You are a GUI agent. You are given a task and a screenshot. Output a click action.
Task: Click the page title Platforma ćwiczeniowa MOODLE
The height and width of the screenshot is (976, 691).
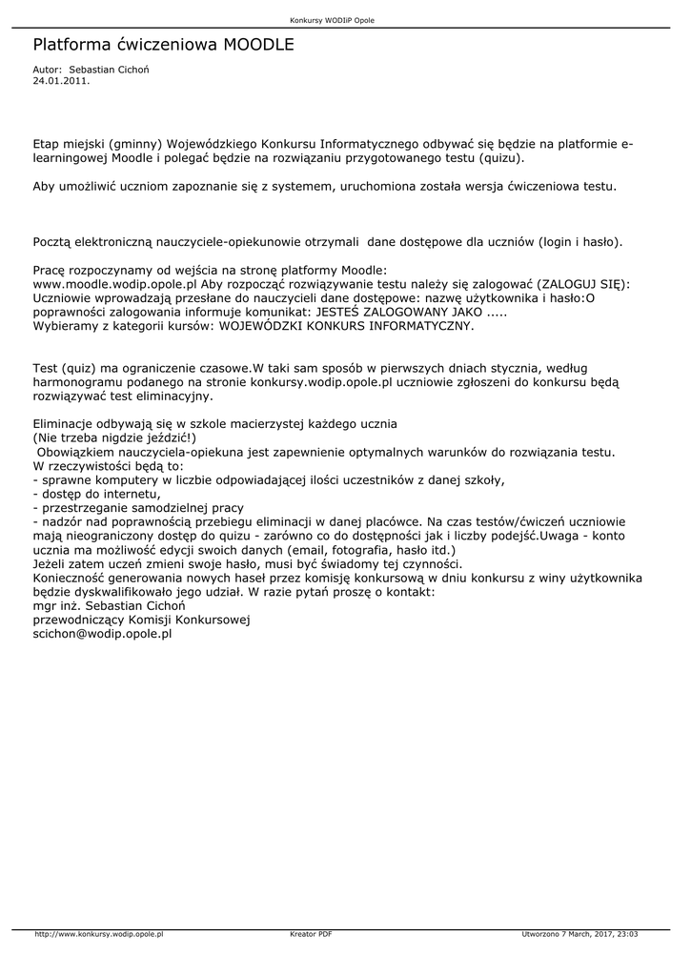(163, 45)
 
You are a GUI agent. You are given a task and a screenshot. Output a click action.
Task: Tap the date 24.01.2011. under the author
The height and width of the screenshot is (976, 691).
(61, 81)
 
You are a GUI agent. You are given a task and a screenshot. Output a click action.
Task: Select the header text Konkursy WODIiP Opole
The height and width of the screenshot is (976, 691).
(332, 20)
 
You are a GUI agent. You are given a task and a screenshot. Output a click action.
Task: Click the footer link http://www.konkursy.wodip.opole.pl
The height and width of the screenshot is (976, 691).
(99, 934)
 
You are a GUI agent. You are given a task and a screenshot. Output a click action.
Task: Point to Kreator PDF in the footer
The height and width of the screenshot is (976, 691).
(311, 934)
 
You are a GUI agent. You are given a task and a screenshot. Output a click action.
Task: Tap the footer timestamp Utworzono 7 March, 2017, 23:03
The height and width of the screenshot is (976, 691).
(580, 934)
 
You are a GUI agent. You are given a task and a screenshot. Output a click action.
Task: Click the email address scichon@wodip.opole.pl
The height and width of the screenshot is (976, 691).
(102, 633)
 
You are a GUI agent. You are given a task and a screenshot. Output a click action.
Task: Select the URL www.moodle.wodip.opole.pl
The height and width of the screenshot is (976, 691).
(114, 284)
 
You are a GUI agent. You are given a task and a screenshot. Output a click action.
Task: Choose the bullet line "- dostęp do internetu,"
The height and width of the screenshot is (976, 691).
(96, 494)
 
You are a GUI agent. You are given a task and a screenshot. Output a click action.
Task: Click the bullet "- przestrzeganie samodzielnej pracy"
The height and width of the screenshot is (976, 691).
(137, 508)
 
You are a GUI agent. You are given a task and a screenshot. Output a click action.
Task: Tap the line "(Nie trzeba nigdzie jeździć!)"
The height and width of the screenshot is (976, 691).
(114, 437)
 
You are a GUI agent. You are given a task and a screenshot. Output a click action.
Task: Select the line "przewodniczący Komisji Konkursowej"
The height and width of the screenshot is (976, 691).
(141, 620)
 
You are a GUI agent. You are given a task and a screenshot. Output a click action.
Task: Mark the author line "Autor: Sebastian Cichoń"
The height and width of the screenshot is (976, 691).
(91, 70)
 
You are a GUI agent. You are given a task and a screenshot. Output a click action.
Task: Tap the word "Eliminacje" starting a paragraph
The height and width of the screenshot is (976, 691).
(65, 423)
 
